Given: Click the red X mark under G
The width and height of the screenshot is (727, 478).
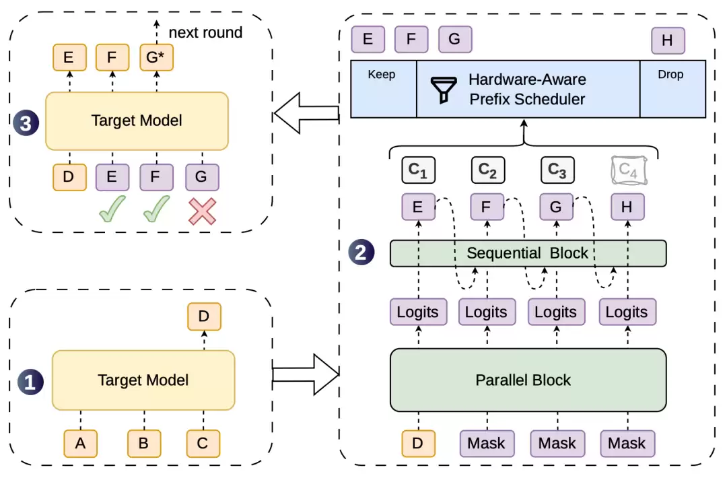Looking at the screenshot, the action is tap(202, 211).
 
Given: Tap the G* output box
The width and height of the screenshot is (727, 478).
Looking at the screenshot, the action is tap(156, 57).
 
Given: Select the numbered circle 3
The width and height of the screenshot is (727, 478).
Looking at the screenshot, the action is tap(26, 123).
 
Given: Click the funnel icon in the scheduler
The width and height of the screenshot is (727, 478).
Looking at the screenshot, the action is tap(444, 90).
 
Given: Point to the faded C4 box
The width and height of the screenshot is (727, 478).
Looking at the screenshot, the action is tap(629, 170).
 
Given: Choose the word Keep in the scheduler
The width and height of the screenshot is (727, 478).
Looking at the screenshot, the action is tap(382, 75).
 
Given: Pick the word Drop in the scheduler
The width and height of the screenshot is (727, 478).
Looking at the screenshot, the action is tap(670, 75).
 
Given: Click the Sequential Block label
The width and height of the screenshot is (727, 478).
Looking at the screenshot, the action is tap(527, 253).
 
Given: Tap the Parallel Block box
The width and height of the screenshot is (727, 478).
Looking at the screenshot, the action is tap(528, 380).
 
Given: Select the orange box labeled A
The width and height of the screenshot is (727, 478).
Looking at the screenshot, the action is tap(80, 444).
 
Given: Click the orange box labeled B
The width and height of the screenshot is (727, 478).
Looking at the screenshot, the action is tap(144, 444).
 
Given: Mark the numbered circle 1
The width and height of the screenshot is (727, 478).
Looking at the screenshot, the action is tap(30, 382).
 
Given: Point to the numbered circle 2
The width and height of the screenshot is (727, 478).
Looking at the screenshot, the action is tap(361, 252).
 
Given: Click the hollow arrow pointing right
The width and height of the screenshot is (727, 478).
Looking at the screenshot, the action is tap(306, 374).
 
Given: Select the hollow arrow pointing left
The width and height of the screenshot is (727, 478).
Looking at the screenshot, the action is tap(306, 113).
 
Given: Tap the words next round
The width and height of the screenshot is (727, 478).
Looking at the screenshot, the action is tap(205, 32).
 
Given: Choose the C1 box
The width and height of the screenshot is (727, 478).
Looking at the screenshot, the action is tap(418, 170).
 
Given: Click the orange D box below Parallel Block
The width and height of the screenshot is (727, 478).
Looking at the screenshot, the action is tap(418, 443).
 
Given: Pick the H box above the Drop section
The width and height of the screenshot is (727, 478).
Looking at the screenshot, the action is tap(668, 41).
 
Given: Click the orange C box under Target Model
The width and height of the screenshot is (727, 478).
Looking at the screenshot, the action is tap(203, 444).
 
